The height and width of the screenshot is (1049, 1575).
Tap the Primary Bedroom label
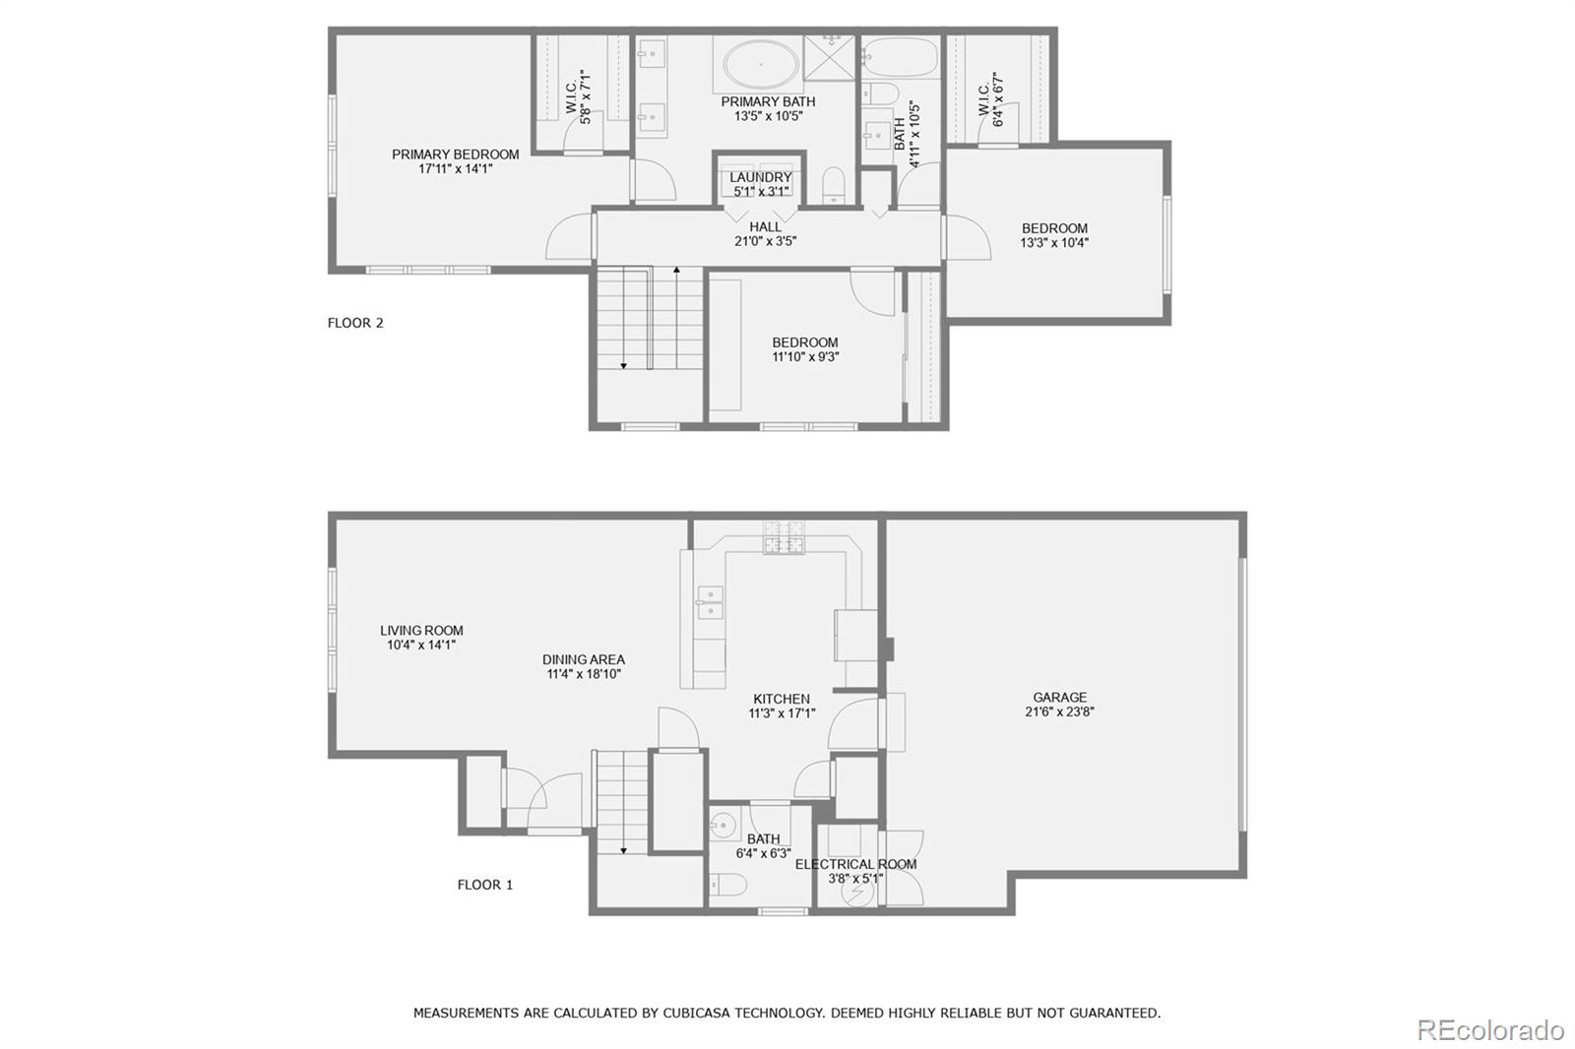455,154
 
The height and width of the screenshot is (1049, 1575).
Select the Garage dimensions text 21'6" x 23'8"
1059,711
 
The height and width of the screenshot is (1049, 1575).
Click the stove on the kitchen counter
785,537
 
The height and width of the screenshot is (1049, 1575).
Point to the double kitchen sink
709,602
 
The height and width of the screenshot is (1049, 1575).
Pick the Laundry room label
760,177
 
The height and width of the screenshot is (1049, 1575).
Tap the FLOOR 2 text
355,323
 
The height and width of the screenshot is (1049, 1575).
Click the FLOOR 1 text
485,885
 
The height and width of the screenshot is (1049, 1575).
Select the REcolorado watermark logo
1489,1030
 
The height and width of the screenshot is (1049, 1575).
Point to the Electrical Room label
855,864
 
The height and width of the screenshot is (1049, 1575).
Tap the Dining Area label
583,660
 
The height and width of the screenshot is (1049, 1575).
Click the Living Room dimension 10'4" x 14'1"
421,646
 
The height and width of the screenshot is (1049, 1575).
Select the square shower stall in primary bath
831,56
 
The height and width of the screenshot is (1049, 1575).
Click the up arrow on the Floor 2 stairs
676,270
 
